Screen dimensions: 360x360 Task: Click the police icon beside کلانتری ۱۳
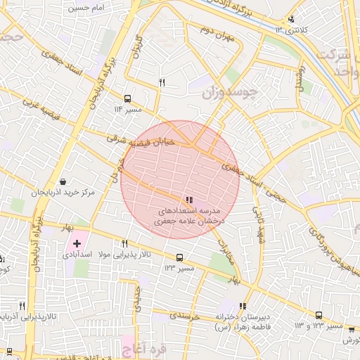click(291, 19)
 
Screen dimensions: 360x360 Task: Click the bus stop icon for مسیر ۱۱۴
click(127, 98)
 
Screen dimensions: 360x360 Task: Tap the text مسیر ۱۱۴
click(128, 110)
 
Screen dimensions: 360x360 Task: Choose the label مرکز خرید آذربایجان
click(63, 193)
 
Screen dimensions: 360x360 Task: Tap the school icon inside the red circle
click(189, 200)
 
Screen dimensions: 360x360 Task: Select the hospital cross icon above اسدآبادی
click(77, 243)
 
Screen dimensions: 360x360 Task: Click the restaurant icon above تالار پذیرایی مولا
click(124, 243)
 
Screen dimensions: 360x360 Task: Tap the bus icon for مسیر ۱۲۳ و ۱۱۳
click(319, 316)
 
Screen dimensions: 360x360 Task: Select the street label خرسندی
click(185, 316)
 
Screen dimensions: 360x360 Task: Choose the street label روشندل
click(302, 78)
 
